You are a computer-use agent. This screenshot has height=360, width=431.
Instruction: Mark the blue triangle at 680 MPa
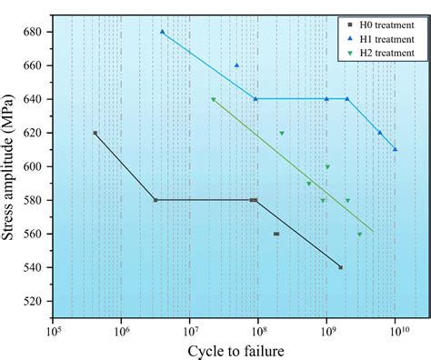[163, 32]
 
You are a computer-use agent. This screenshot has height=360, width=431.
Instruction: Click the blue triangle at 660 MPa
[237, 65]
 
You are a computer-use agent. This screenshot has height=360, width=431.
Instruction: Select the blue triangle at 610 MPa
[395, 149]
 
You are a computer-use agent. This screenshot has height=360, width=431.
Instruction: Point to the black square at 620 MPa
[95, 133]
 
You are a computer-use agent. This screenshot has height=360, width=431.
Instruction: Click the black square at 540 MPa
[341, 267]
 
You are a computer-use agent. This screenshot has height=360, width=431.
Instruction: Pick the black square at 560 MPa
[276, 234]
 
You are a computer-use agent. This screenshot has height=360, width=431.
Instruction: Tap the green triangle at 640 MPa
[214, 100]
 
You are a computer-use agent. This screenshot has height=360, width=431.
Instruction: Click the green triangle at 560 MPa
[359, 235]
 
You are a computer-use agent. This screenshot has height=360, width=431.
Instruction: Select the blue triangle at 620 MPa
[380, 133]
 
